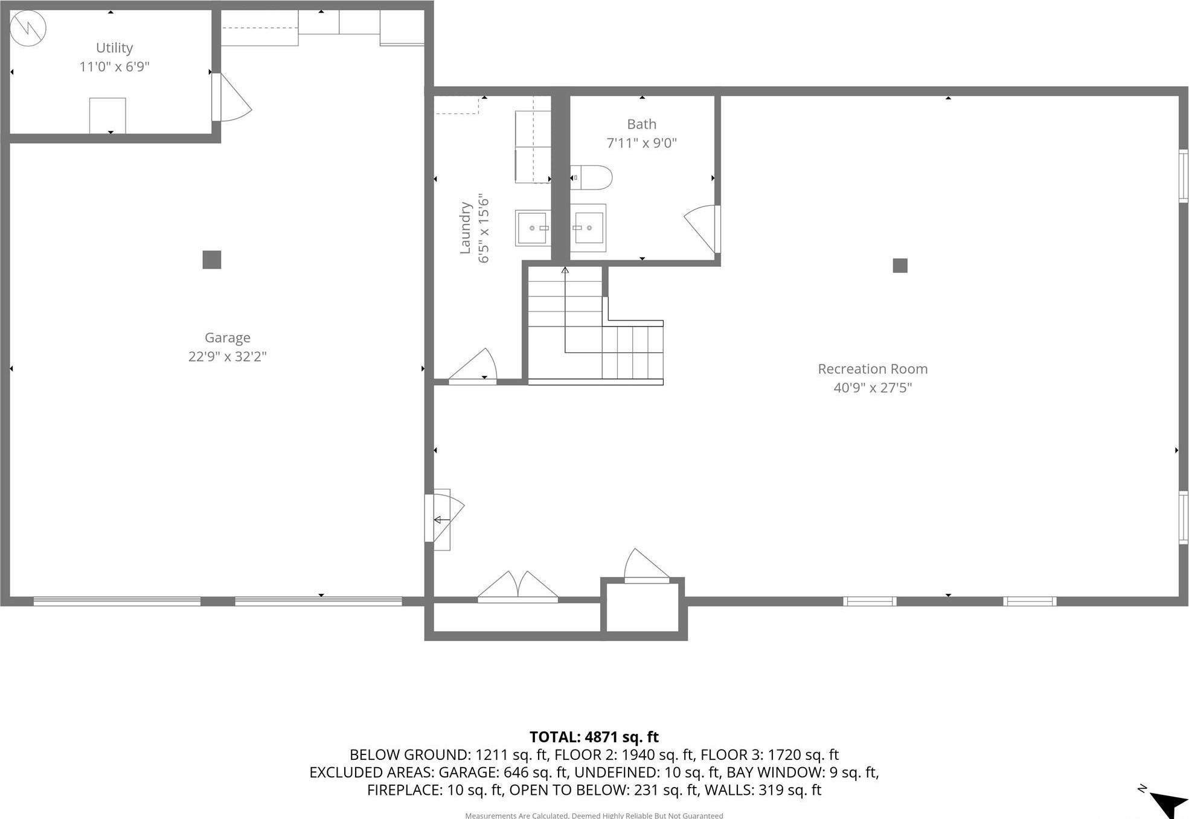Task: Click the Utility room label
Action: pos(114,48)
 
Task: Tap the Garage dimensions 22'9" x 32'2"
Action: pos(227,357)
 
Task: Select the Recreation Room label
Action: pos(873,369)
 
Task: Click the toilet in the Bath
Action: pos(592,177)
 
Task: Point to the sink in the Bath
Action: pos(588,228)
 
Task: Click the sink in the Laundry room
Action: pos(533,228)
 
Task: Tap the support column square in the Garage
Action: pos(211,260)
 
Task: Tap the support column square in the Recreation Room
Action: pos(900,266)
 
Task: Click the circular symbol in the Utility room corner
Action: pos(28,28)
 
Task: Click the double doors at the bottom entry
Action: pos(518,587)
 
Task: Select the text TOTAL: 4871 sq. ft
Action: pos(594,737)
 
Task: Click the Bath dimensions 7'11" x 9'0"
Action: pos(641,143)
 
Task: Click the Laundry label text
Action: pos(465,228)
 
